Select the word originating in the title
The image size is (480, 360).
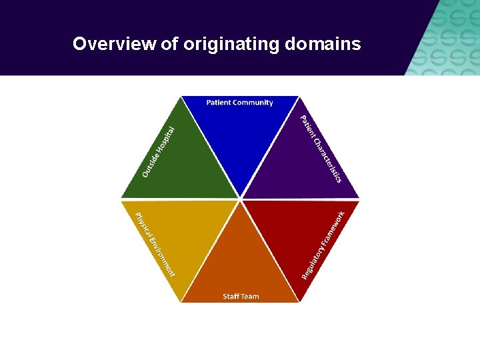pyautogui.click(x=231, y=45)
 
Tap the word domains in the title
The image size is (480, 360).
pyautogui.click(x=323, y=45)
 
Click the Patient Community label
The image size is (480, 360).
pyautogui.click(x=239, y=103)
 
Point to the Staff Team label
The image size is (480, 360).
pyautogui.click(x=241, y=297)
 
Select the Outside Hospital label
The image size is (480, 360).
pyautogui.click(x=159, y=152)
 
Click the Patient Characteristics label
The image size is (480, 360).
pyautogui.click(x=321, y=149)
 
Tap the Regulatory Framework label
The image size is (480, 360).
pyautogui.click(x=323, y=245)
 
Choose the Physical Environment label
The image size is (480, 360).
pyautogui.click(x=155, y=244)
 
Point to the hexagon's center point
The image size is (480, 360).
pyautogui.click(x=240, y=199)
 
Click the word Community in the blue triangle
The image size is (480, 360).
pyautogui.click(x=253, y=103)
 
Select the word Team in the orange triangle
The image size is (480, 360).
pyautogui.click(x=250, y=297)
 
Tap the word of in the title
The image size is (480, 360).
pyautogui.click(x=170, y=45)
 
